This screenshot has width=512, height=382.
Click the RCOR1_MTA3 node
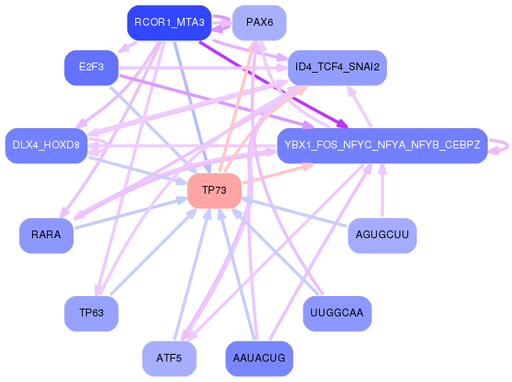click(170, 23)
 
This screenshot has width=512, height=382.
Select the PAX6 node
click(259, 23)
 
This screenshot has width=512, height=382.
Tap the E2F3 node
click(91, 67)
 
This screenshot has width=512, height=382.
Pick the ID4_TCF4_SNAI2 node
click(337, 67)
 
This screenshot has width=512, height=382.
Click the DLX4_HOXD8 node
click(46, 145)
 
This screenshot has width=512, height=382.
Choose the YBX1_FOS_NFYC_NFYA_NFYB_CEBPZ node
click(382, 145)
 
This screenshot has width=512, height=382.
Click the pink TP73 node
click(213, 191)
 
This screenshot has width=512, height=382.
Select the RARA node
click(46, 235)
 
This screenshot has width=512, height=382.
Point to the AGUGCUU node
click(381, 235)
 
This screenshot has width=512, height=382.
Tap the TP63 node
click(91, 313)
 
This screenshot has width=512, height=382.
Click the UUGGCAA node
click(337, 313)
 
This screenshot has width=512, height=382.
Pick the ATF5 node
click(169, 359)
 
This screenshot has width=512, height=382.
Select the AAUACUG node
click(259, 359)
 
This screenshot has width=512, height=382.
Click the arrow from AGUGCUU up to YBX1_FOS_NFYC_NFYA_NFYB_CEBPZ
click(382, 191)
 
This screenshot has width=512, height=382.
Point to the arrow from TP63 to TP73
click(152, 254)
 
